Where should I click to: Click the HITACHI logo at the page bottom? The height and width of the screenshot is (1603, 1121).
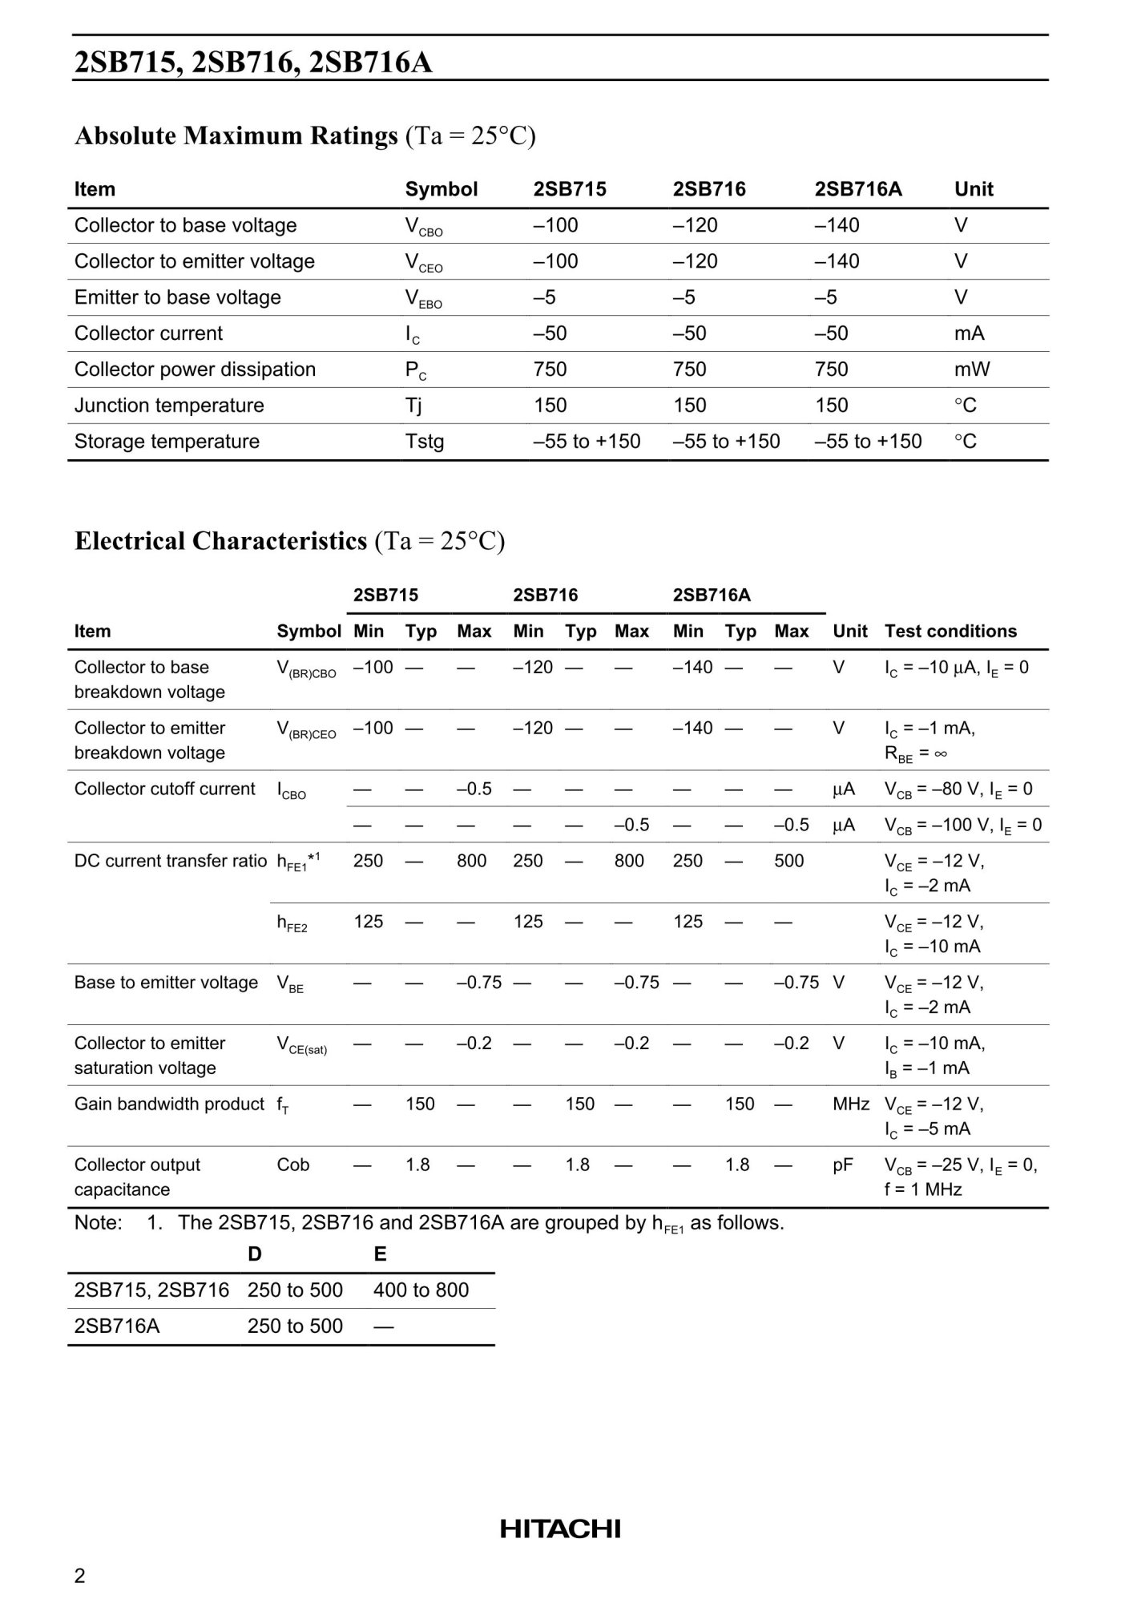pos(560,1529)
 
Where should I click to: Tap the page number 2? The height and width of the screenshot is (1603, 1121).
pos(79,1576)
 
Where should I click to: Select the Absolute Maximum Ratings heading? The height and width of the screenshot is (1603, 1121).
pos(236,136)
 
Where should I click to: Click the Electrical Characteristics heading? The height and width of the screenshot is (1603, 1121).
pos(220,541)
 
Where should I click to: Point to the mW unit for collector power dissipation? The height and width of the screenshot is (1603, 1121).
pos(972,369)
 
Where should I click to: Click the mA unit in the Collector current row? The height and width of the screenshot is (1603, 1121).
pos(969,333)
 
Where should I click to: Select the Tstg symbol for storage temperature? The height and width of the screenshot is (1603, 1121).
pos(424,442)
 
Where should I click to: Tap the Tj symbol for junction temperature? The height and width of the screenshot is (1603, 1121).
pos(413,406)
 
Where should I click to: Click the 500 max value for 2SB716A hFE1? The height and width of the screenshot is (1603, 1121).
pos(788,861)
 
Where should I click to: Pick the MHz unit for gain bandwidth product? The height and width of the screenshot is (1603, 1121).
pos(851,1104)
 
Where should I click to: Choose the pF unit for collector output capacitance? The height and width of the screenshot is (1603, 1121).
pos(843,1165)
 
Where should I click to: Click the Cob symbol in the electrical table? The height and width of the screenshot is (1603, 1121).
pos(292,1165)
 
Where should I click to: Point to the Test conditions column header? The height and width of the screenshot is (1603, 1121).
pos(950,632)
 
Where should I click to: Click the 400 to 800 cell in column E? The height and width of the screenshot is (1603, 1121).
pos(421,1290)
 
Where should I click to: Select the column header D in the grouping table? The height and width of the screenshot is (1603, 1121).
pos(255,1254)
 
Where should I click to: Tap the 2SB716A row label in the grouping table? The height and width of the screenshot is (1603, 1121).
pos(117,1326)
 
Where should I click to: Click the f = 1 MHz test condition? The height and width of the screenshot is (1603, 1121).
pos(923,1189)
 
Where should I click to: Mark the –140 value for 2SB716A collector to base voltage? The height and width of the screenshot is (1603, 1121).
pos(837,225)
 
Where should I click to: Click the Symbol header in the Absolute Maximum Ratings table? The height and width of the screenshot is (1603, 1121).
pos(441,189)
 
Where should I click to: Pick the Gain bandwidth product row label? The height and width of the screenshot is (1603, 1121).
pos(169,1104)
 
